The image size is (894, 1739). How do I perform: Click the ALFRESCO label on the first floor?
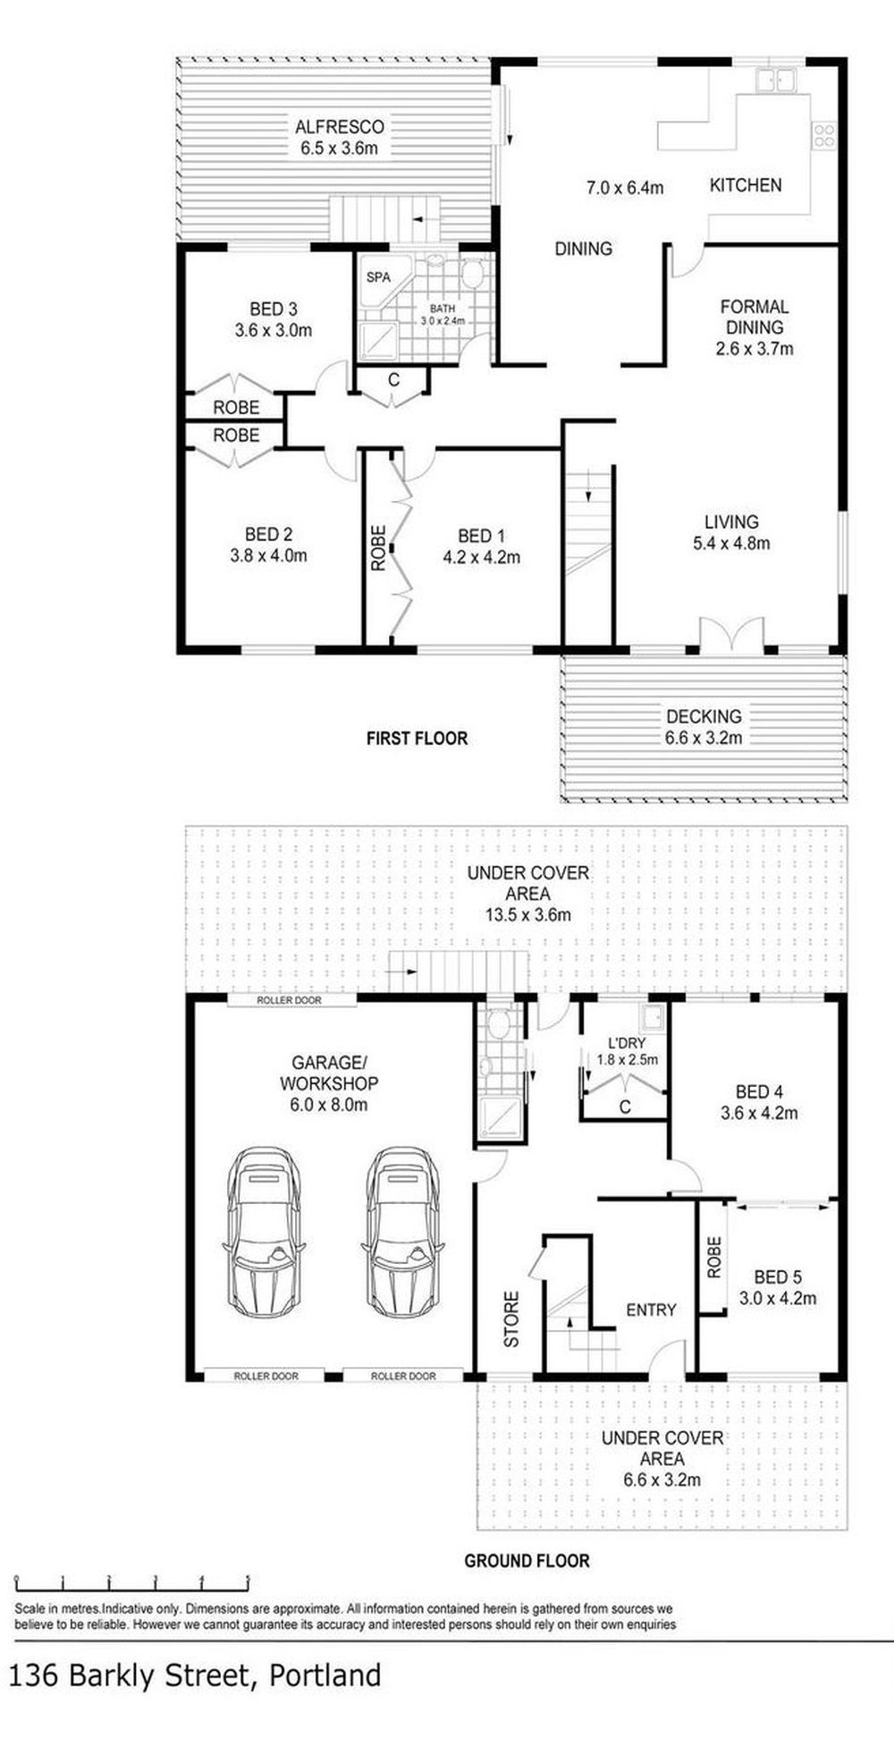(x=340, y=126)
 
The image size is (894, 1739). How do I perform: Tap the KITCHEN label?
(x=746, y=185)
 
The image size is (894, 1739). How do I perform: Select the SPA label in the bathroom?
(x=378, y=277)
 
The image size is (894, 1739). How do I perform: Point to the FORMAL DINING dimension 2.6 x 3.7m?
(x=755, y=349)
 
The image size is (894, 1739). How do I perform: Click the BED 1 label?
(x=481, y=536)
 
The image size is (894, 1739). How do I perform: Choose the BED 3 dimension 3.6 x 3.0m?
(x=274, y=330)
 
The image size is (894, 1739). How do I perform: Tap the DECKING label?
(x=704, y=717)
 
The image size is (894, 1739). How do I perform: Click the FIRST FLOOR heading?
(x=417, y=738)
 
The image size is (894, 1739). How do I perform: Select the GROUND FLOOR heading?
(x=527, y=1561)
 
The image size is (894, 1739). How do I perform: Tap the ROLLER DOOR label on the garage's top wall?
(x=289, y=1000)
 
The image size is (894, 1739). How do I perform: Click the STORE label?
(x=511, y=1319)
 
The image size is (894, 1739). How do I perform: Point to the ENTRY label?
(x=651, y=1310)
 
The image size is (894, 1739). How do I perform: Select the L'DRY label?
(x=626, y=1043)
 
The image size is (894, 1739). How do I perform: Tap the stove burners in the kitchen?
(x=823, y=135)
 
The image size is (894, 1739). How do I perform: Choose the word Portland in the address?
(x=325, y=1675)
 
